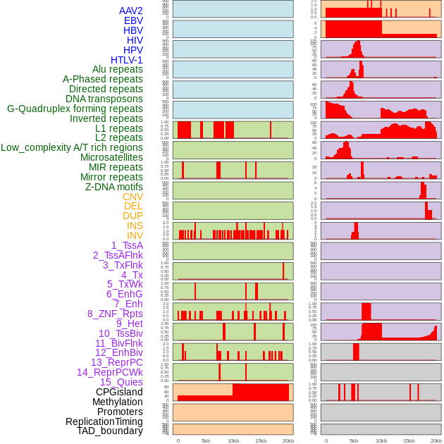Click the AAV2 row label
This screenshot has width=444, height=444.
click(131, 11)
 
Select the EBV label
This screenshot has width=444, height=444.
click(133, 20)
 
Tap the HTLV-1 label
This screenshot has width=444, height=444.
click(127, 60)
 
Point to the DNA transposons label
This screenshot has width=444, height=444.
click(104, 99)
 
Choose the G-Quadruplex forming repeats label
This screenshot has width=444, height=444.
click(75, 109)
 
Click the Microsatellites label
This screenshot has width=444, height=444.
click(111, 157)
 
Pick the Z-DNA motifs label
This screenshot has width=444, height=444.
click(114, 187)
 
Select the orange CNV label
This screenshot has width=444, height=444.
click(132, 197)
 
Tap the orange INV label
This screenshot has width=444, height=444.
click(135, 235)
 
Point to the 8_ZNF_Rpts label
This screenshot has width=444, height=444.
click(115, 314)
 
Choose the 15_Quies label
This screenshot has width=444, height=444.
click(121, 382)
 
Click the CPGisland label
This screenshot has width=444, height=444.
click(119, 392)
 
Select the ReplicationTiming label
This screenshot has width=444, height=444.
click(104, 421)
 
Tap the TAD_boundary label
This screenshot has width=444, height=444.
click(110, 431)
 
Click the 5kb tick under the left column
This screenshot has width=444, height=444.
click(206, 440)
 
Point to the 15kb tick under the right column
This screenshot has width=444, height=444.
click(409, 440)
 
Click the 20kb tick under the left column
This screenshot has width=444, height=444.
click(288, 440)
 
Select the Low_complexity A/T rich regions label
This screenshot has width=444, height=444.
click(72, 147)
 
